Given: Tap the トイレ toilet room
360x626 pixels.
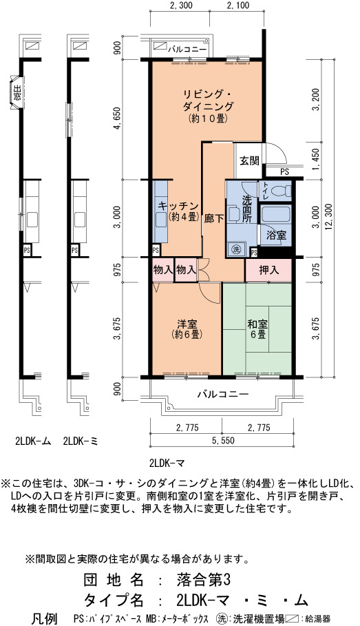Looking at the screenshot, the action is coord(275,191).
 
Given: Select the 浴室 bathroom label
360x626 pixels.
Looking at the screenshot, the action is coord(276,235).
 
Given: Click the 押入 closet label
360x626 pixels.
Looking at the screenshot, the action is coord(268,270).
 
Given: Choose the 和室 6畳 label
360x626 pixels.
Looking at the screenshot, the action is coord(257,328).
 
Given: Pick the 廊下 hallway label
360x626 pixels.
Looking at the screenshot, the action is coord(215,219).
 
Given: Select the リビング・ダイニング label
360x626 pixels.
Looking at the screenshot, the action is coord(208,101).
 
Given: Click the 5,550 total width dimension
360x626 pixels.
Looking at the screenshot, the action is coord(223,441).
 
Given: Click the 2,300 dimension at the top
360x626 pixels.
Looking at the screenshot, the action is coord(181,6).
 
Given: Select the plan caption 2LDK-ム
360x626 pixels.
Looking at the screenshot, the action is coord(33,441).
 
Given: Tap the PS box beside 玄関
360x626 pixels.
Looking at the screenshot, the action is coord(284,172).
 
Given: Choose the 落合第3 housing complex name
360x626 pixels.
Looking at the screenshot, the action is coord(204,579).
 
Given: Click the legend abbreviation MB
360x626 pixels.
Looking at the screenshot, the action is coord(151,619).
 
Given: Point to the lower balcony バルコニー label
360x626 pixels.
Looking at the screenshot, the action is coord(223,394).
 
